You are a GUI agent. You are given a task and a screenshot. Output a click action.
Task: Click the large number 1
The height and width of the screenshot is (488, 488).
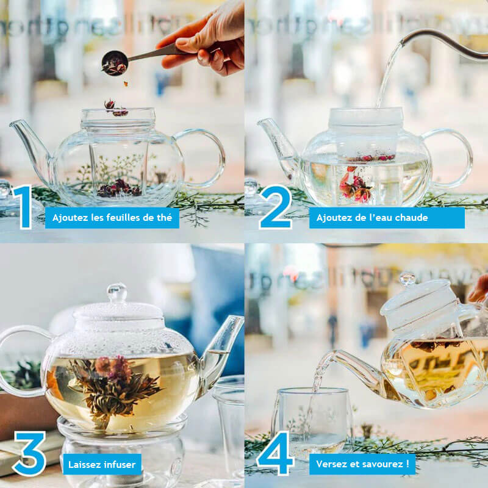tap(23, 207)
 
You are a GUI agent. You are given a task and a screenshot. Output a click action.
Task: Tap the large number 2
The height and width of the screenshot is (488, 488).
tap(275, 207)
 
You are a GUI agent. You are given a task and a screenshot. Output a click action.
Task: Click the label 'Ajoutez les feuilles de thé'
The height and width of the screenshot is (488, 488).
tap(112, 218)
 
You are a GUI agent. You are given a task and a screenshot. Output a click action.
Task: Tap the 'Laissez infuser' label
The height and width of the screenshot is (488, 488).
tap(101, 464)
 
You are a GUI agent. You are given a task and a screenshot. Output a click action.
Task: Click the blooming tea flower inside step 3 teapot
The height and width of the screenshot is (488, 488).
tap(113, 384)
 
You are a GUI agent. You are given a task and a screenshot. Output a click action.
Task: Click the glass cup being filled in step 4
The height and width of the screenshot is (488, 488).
tap(311, 421)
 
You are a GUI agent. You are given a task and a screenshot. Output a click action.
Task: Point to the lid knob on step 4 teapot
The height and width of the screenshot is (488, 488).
tap(407, 279)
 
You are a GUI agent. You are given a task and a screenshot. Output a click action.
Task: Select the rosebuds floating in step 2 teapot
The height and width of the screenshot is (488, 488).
tap(356, 186)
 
